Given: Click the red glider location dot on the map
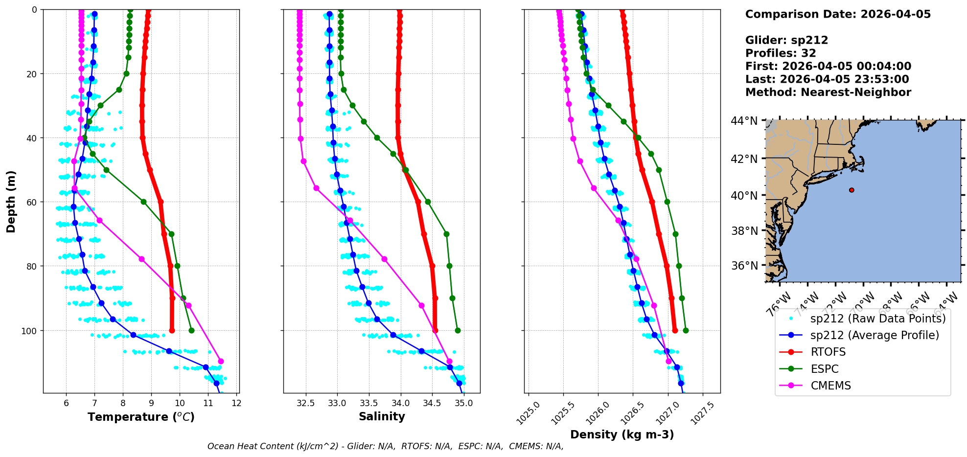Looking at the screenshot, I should coord(852,190).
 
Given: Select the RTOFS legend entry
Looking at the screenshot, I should coord(828,352).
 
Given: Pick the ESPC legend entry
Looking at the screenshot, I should coord(825,369).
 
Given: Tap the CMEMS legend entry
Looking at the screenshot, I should coord(830,386).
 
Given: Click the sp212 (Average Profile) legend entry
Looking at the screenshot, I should coord(875,335).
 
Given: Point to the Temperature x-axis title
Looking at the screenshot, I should coord(141,417).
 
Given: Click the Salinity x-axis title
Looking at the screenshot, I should coord(382,416).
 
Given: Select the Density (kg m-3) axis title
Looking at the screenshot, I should coord(622,434).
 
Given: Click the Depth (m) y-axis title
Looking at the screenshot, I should coord(11,201).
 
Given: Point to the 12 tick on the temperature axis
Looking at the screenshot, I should coord(237,403).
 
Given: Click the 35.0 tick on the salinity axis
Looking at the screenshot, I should coord(464,403).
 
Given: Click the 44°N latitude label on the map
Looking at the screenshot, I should coord(744,121).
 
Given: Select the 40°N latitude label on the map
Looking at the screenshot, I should coord(744,196).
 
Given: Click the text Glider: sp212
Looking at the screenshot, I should coord(786,40).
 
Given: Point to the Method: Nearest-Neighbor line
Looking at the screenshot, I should coord(828,92).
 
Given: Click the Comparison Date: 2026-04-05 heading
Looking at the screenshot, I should coord(838,14).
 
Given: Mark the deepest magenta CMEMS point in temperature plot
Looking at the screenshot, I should coord(221,361).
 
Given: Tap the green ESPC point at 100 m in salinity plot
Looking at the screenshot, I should coord(458,330).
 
